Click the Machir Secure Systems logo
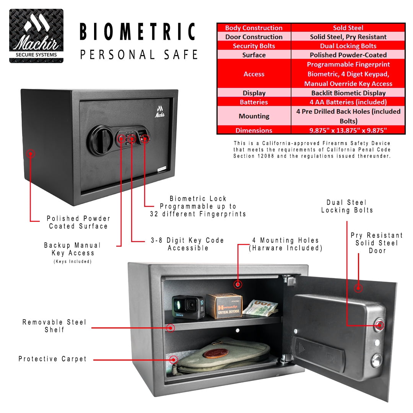(36, 36)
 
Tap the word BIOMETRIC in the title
(138, 32)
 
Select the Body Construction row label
(254, 28)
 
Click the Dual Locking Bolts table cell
(348, 46)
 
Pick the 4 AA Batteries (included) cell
(348, 102)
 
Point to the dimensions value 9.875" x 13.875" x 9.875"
(348, 130)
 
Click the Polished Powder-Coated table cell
(348, 55)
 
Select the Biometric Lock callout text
(198, 206)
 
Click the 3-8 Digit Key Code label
(188, 244)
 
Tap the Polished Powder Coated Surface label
(78, 222)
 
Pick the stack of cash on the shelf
(260, 308)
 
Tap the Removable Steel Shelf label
(54, 326)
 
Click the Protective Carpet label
(53, 359)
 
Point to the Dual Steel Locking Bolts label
(347, 206)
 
